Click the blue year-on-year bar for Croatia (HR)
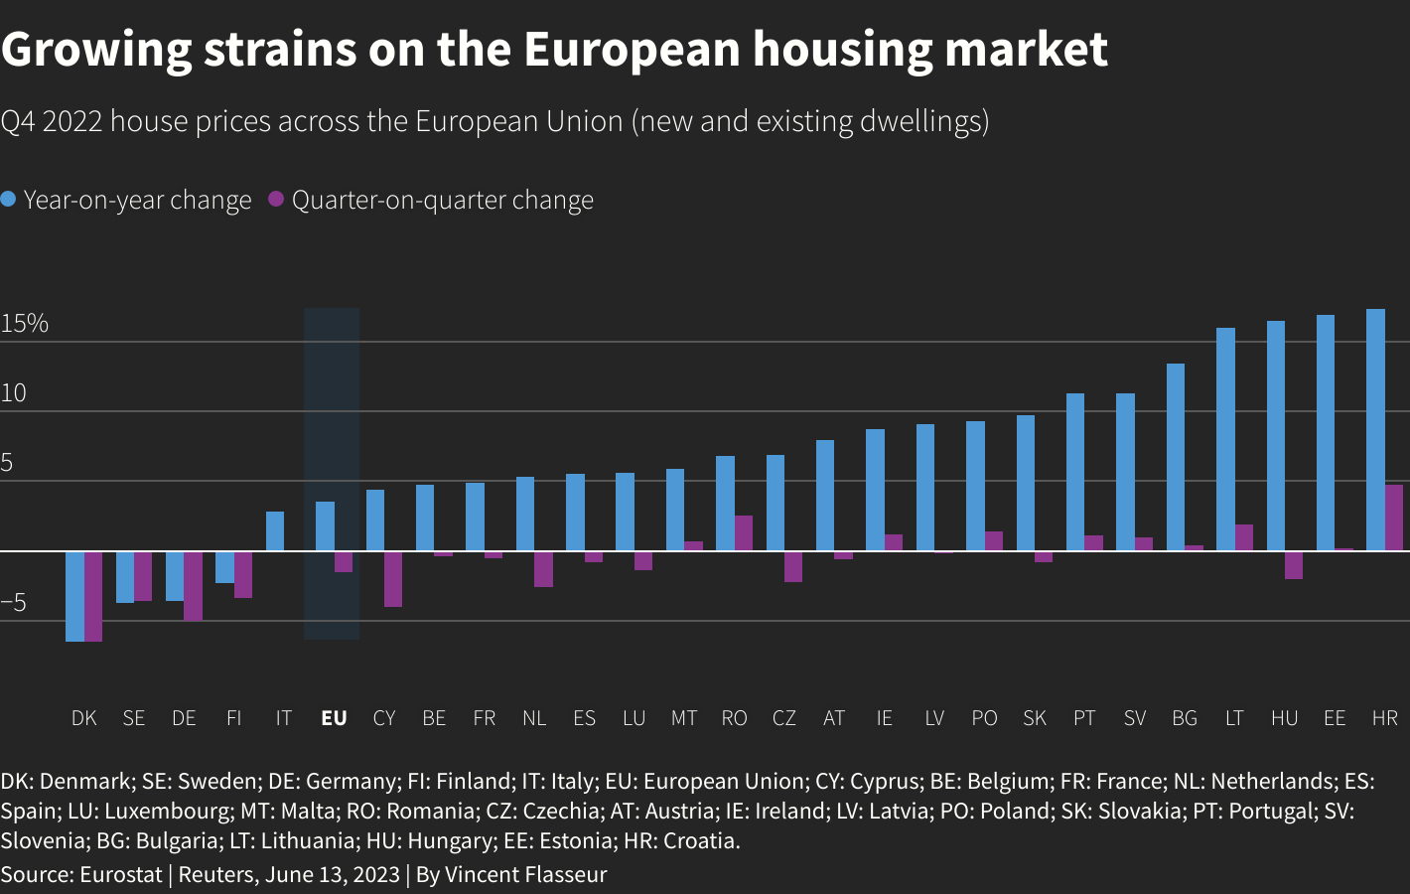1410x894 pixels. point(1375,430)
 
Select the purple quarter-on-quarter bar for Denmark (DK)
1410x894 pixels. point(93,596)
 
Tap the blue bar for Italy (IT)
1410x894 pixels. point(275,531)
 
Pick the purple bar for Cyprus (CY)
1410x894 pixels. point(393,579)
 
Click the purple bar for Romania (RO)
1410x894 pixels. point(744,533)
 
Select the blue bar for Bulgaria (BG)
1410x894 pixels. point(1176,457)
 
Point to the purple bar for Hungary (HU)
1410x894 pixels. point(1293,565)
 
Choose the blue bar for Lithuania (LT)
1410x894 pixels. point(1225,439)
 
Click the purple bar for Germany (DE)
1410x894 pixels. point(193,586)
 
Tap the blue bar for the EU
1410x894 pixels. point(325,526)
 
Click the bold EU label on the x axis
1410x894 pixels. point(334,718)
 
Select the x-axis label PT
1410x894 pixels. point(1084,718)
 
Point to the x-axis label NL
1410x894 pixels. point(534,718)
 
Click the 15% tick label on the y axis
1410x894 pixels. point(25,324)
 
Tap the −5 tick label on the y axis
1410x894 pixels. point(14,603)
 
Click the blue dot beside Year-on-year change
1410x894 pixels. point(9,200)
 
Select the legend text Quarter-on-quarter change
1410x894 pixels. point(442,201)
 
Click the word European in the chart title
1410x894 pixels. point(632,49)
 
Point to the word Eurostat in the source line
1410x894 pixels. point(120,875)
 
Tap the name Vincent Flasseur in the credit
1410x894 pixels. point(525,875)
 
